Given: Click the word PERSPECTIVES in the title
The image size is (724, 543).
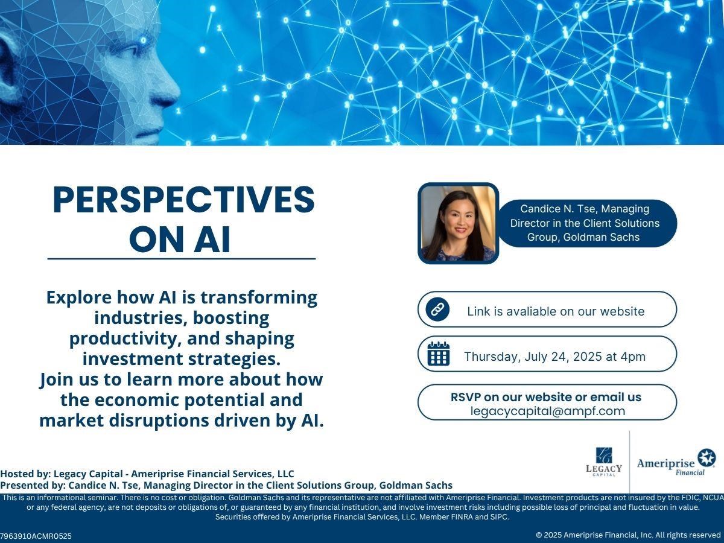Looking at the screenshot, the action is (184, 200).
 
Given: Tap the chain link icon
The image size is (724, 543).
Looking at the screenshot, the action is (437, 310).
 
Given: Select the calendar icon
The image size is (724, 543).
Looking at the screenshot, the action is (439, 354).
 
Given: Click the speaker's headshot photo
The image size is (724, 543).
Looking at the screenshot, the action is (458, 223).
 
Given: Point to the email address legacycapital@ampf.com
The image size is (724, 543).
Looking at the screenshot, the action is (548, 411).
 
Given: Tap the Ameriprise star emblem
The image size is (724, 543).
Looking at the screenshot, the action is (707, 458).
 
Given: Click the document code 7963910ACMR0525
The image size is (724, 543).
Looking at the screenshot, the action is (36, 536).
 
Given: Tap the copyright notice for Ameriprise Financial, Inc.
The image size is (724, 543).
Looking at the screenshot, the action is (628, 535).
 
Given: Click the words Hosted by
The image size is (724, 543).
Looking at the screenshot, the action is (26, 474).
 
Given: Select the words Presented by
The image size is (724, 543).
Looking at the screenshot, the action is (33, 485).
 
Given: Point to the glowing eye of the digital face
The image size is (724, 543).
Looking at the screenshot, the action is (144, 41).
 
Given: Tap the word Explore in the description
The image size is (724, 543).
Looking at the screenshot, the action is (79, 297).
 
